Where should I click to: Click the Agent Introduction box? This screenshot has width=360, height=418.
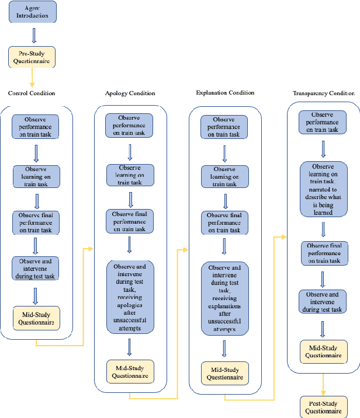click(x=33, y=12)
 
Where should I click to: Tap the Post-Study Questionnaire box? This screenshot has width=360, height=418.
click(x=322, y=406)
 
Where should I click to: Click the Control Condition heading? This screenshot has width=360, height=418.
click(x=32, y=93)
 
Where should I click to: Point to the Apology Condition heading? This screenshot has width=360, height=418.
click(x=130, y=93)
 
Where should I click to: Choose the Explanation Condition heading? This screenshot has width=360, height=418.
click(x=226, y=92)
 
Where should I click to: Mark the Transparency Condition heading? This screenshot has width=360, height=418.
click(x=323, y=93)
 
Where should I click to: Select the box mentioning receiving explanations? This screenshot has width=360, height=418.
click(x=225, y=298)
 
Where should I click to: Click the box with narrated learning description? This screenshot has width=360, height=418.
click(x=322, y=189)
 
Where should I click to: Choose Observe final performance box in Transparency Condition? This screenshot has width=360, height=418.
click(x=322, y=253)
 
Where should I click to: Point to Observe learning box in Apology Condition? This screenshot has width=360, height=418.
click(x=130, y=175)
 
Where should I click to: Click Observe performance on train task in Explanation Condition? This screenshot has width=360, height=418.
click(x=225, y=127)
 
